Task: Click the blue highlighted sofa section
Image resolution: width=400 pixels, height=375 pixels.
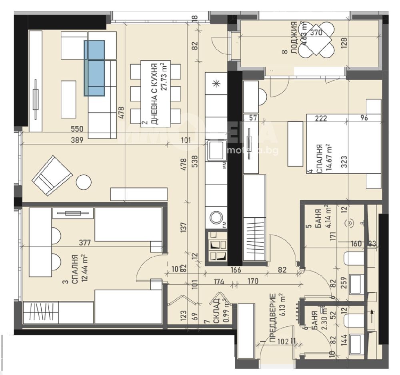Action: pyautogui.click(x=94, y=68)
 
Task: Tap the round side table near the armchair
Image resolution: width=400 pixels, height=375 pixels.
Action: pyautogui.click(x=84, y=182)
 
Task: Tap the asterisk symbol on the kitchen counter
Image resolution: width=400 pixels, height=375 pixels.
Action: pyautogui.click(x=216, y=83)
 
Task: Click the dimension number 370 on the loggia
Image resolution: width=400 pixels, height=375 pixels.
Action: pyautogui.click(x=316, y=34)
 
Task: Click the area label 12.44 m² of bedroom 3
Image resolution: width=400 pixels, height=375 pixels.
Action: pyautogui.click(x=84, y=268)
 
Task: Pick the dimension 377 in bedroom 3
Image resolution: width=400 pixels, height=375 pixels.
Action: pyautogui.click(x=84, y=242)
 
